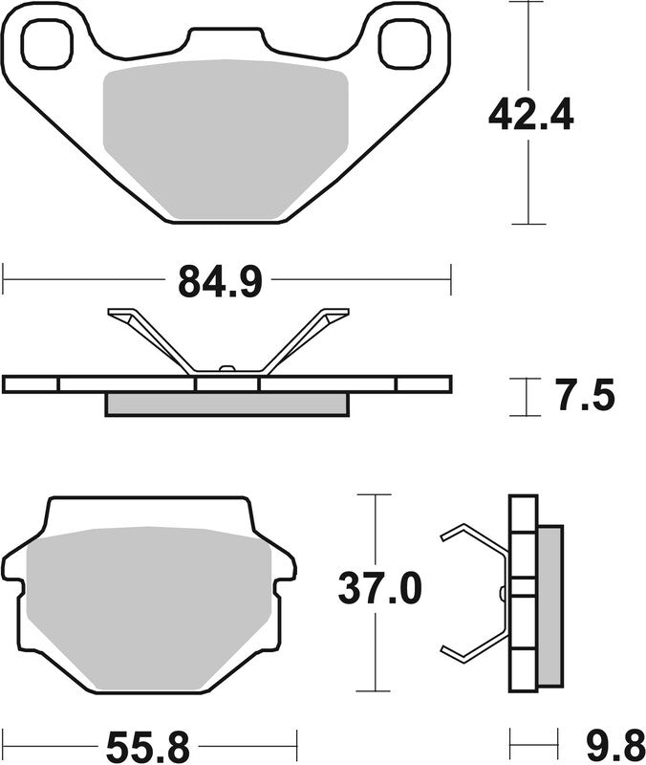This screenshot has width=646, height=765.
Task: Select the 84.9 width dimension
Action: coord(219,282)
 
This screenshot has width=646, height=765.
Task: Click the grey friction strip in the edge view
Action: coord(226,404)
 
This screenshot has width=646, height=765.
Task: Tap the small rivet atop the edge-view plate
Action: coord(226,367)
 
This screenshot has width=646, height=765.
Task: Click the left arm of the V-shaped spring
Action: coord(153,339)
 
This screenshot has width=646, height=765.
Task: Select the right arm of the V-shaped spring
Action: coord(304,339)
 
